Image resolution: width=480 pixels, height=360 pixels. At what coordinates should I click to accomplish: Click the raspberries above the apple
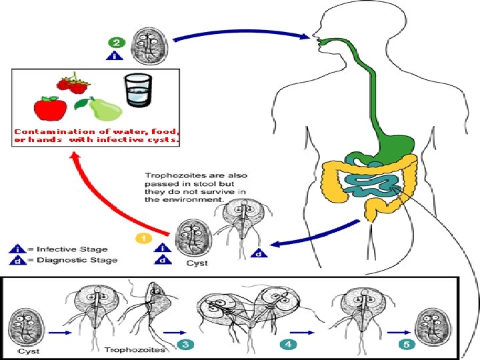pyautogui.click(x=72, y=84)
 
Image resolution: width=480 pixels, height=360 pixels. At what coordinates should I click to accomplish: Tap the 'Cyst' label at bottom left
pyautogui.click(x=27, y=351)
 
